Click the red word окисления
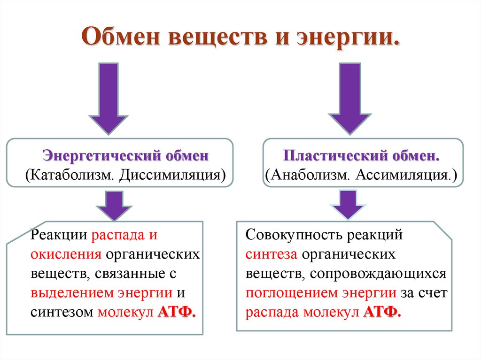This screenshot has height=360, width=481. (66, 254)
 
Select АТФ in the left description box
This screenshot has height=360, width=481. (177, 313)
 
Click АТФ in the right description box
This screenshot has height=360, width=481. (382, 313)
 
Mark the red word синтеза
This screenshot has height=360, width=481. (272, 254)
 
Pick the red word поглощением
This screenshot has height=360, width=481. (291, 293)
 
